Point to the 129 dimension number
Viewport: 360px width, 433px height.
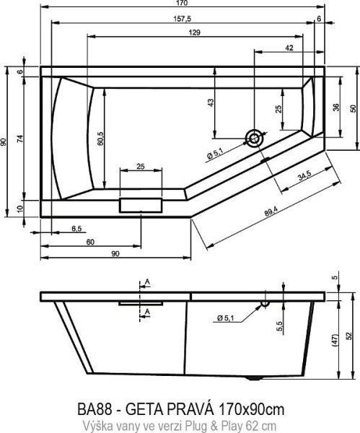(194, 33)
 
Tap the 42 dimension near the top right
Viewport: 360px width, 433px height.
(289, 48)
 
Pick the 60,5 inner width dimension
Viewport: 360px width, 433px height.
(98, 136)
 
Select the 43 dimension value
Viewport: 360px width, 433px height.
(211, 102)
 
